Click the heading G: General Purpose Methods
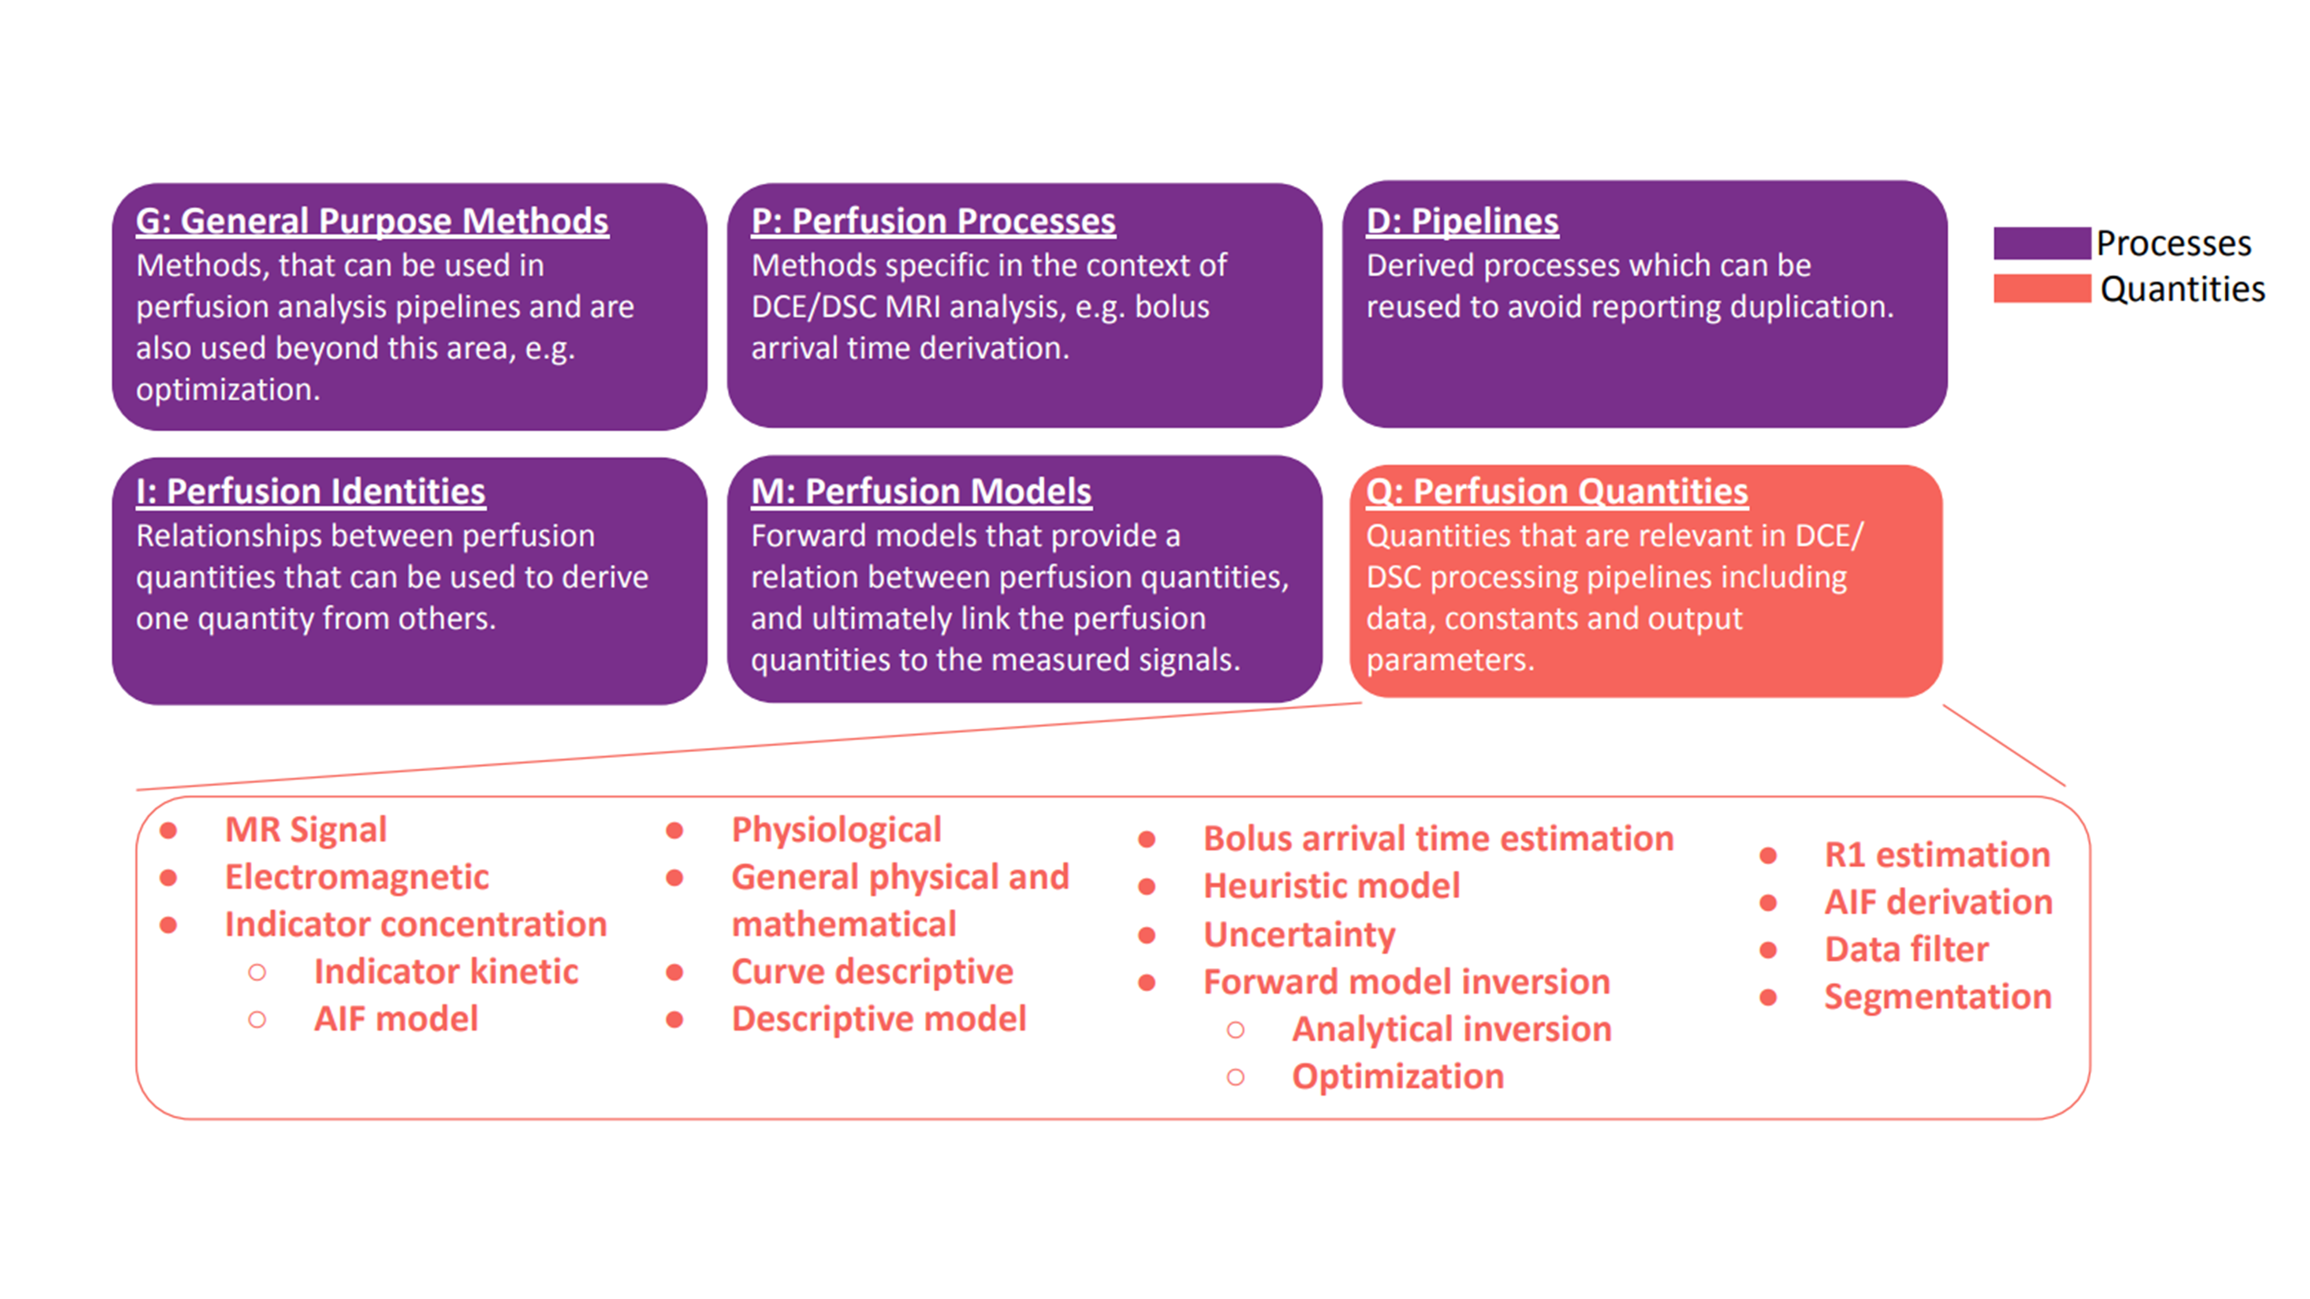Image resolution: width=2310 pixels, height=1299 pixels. (x=372, y=222)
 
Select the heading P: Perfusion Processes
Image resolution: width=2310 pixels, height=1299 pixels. (x=933, y=222)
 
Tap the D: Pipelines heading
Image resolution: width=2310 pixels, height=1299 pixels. (x=1462, y=222)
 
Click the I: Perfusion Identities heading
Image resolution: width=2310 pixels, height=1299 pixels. (x=310, y=491)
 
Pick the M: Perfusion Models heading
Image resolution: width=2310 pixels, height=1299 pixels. (x=921, y=491)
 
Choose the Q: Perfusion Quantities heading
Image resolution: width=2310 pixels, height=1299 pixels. (x=1557, y=491)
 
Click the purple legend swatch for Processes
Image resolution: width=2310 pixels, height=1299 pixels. (x=2041, y=243)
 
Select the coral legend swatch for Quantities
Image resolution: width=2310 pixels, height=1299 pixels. (x=2041, y=289)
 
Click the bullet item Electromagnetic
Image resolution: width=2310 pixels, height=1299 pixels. (x=356, y=877)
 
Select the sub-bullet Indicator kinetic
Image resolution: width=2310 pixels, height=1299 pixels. (x=446, y=972)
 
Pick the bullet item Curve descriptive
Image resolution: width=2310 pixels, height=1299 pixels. (x=871, y=972)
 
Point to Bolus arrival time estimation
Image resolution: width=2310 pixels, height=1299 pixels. (x=1437, y=839)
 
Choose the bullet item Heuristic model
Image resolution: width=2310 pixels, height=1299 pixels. (x=1331, y=887)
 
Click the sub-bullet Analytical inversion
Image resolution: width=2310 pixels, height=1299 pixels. (x=1451, y=1029)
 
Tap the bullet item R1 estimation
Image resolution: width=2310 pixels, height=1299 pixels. (x=1937, y=855)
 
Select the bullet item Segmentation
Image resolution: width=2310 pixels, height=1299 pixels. (x=1937, y=997)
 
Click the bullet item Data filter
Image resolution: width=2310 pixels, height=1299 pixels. (x=1906, y=949)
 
